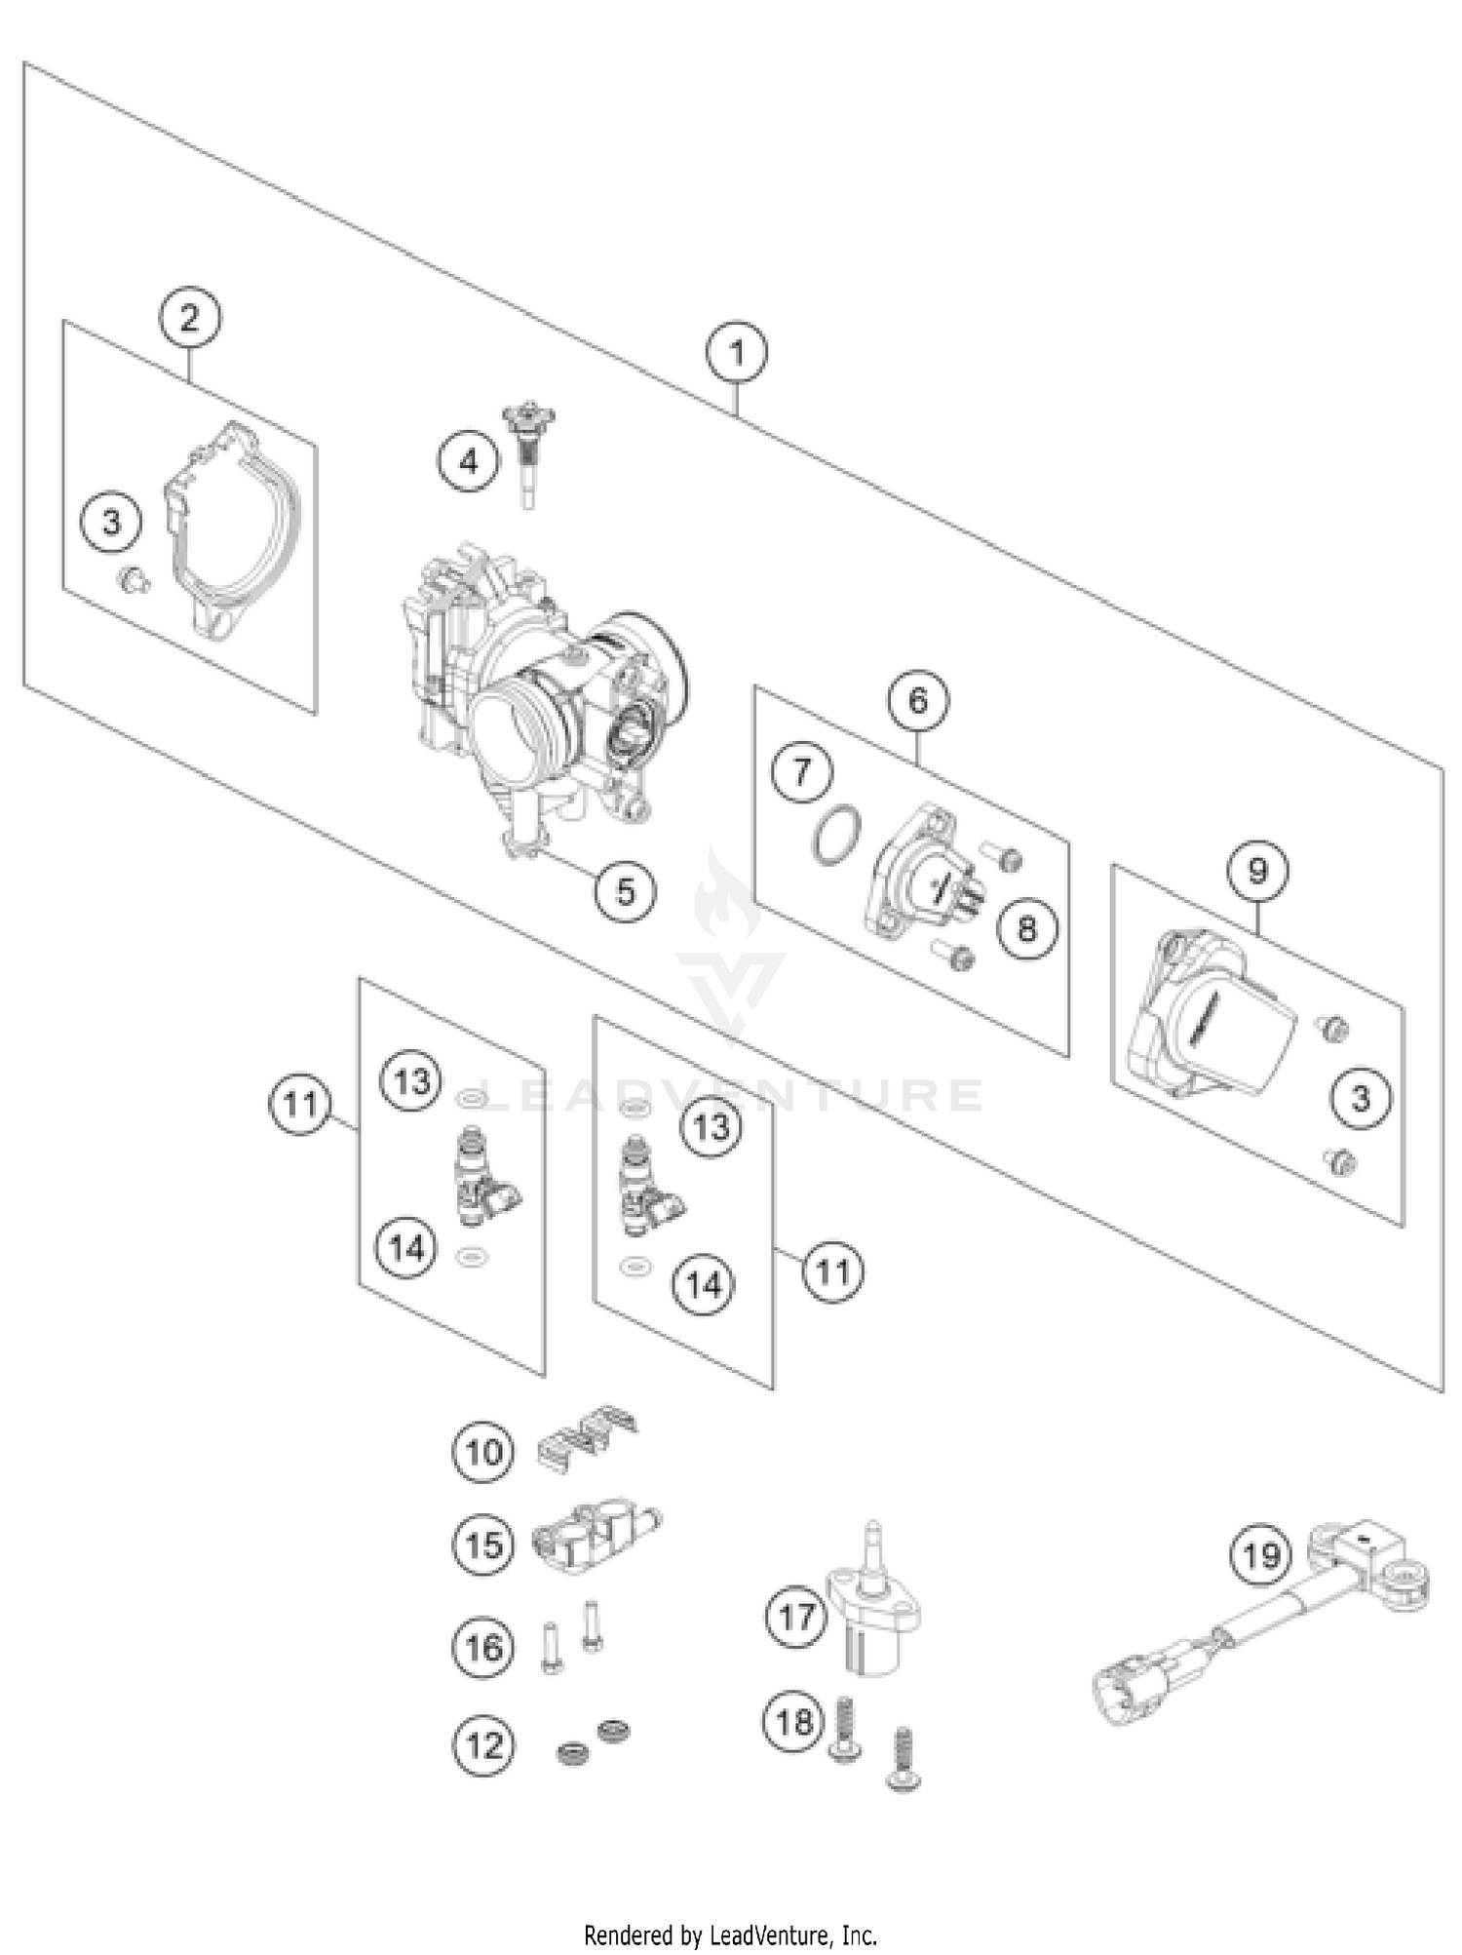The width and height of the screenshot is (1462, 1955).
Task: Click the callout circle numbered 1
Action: (737, 353)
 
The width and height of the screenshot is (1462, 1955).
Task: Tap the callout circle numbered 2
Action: (189, 318)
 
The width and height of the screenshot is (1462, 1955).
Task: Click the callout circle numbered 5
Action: (625, 890)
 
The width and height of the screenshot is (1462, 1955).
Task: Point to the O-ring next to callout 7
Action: (836, 835)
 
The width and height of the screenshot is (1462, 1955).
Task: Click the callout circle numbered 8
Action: (1026, 928)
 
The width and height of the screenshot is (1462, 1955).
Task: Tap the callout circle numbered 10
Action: (483, 1452)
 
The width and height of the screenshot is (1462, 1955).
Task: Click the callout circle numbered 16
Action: (483, 1647)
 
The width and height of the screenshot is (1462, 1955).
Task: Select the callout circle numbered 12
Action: (483, 1744)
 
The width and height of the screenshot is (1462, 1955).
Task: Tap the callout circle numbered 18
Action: (793, 1721)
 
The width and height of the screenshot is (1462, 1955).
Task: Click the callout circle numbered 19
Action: (1260, 1553)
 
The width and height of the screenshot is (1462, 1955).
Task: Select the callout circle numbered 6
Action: (918, 700)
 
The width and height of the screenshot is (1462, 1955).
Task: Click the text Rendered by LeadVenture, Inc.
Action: (730, 1935)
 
